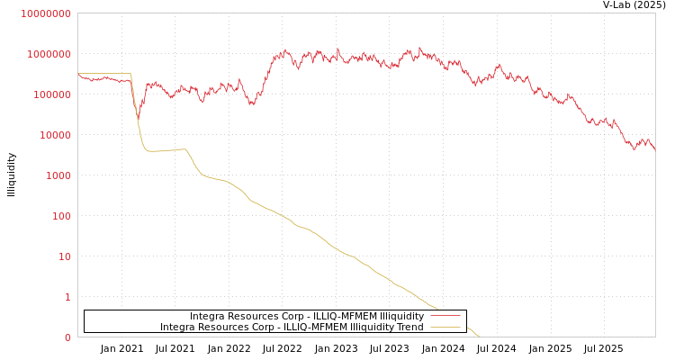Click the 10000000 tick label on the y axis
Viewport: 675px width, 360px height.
tap(45, 13)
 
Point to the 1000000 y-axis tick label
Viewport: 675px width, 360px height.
tap(48, 54)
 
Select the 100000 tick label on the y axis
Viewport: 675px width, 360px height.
tap(50, 94)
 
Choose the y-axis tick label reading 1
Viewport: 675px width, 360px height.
tap(67, 297)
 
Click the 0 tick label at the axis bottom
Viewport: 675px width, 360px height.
tap(67, 337)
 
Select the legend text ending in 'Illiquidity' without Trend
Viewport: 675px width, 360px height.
tap(307, 317)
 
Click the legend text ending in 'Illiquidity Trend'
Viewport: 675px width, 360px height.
tap(292, 327)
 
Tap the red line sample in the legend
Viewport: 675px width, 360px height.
tap(445, 317)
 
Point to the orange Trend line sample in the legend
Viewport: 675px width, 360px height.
tap(445, 327)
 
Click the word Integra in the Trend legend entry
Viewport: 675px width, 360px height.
tap(178, 327)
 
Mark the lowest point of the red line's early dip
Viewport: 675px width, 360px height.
tap(138, 121)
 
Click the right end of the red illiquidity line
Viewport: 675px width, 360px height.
tap(654, 148)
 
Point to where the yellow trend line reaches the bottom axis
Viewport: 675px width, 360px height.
tap(480, 337)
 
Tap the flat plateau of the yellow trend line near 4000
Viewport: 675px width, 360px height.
tap(166, 150)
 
